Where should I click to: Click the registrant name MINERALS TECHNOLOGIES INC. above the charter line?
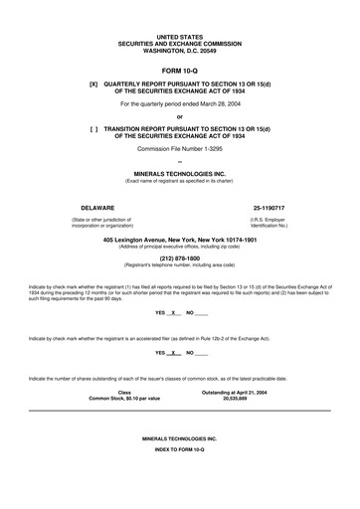point(179,171)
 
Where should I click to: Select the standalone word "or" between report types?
point(179,115)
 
